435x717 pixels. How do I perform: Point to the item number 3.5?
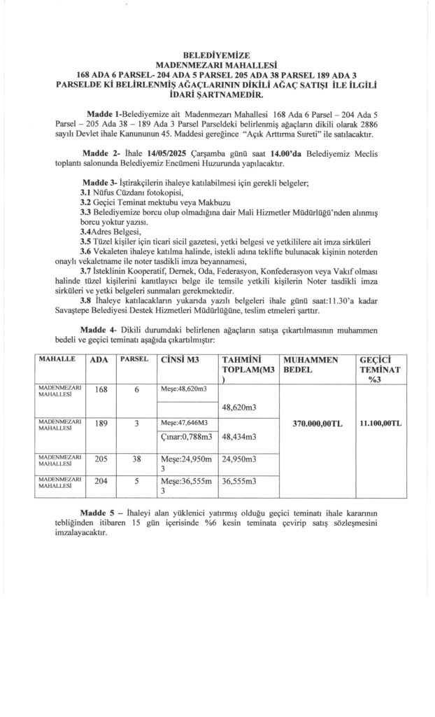tap(85, 239)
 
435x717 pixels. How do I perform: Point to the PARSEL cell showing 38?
tap(138, 460)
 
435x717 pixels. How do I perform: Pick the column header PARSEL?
tap(134, 359)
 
